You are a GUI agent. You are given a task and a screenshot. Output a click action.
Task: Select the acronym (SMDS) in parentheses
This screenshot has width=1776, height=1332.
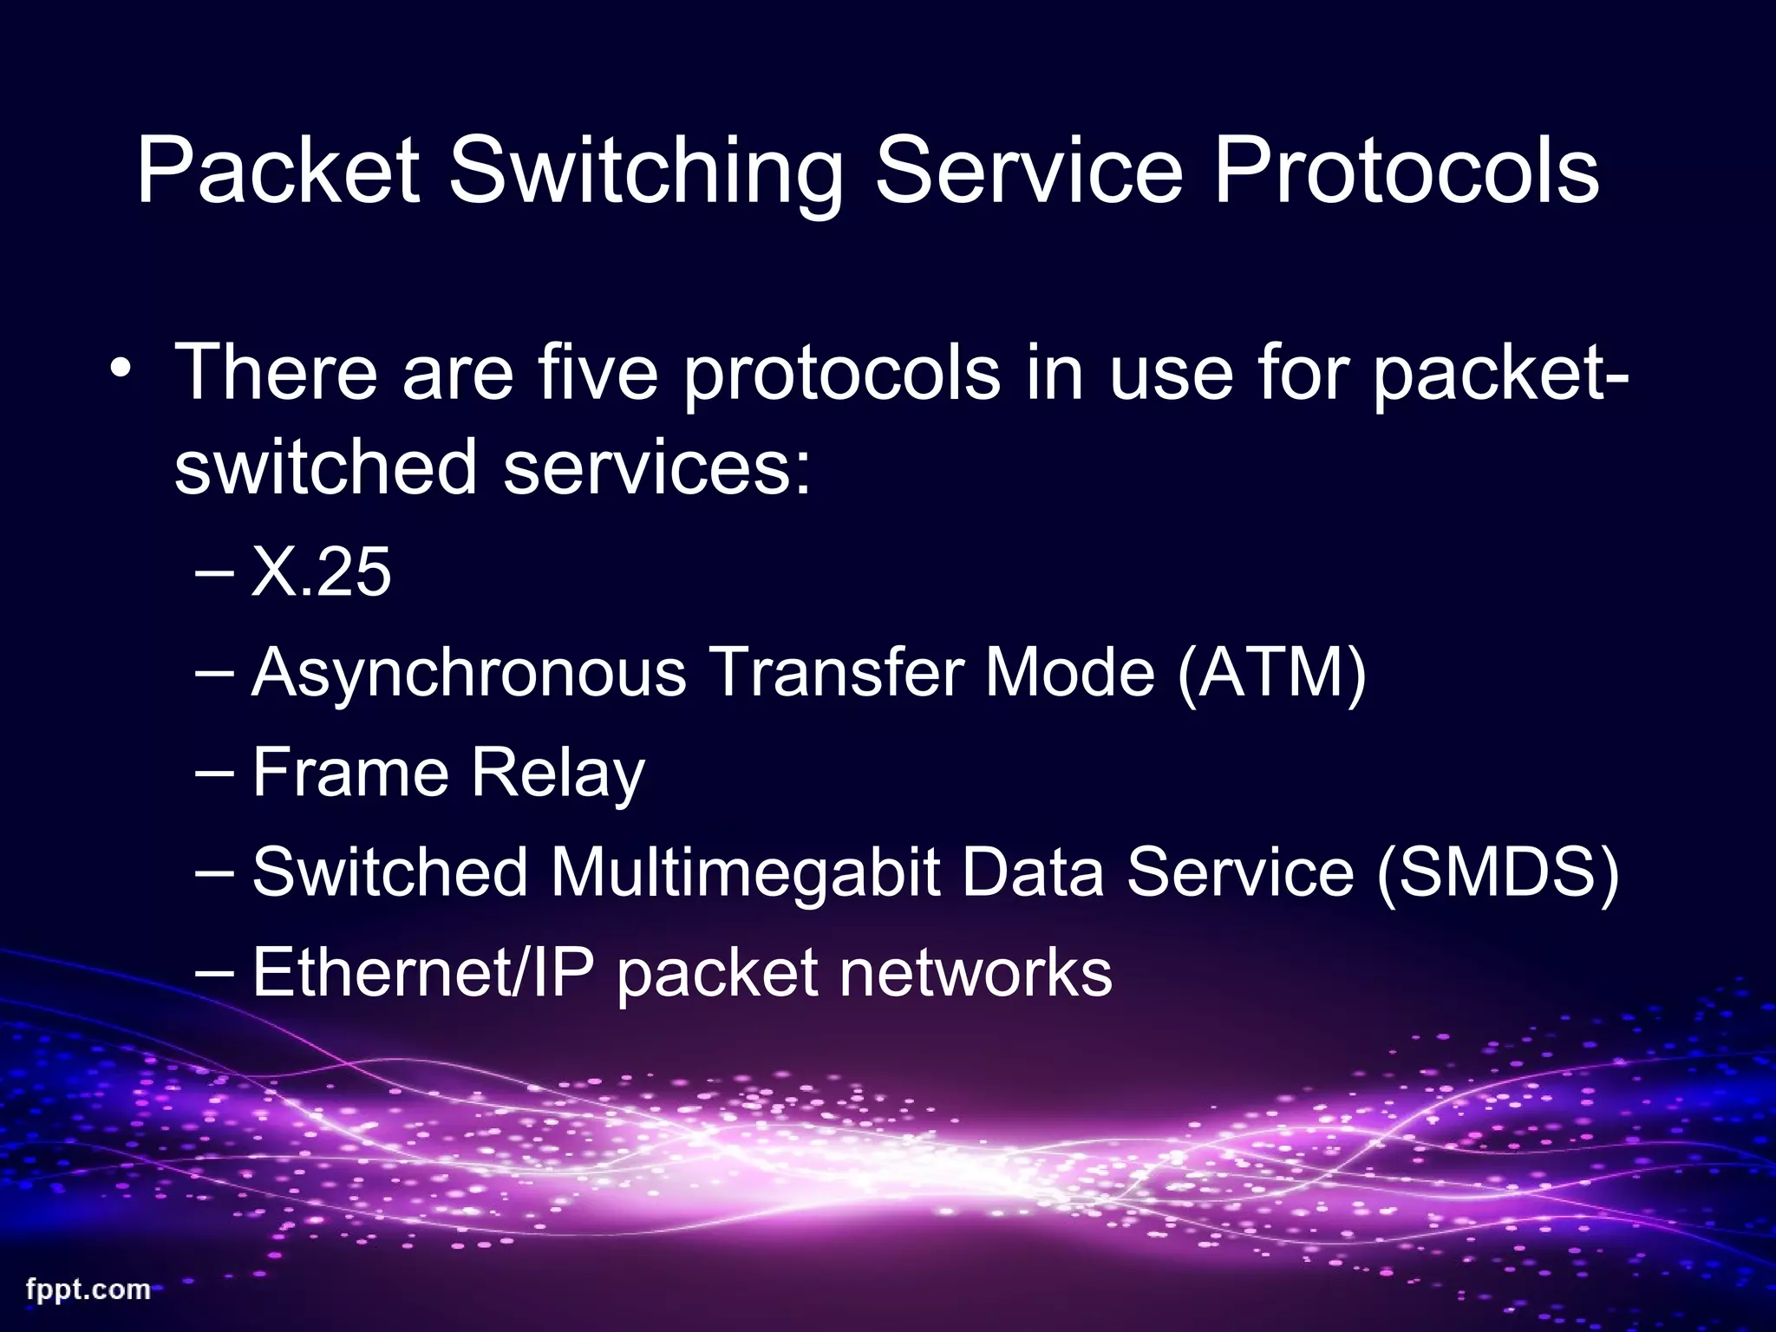1498,872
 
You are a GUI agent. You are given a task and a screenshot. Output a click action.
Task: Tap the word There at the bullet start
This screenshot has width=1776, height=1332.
277,373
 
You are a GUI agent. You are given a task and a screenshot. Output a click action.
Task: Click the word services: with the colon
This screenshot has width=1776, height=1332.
657,467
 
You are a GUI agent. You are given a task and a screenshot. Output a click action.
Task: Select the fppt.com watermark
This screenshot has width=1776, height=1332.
88,1290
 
